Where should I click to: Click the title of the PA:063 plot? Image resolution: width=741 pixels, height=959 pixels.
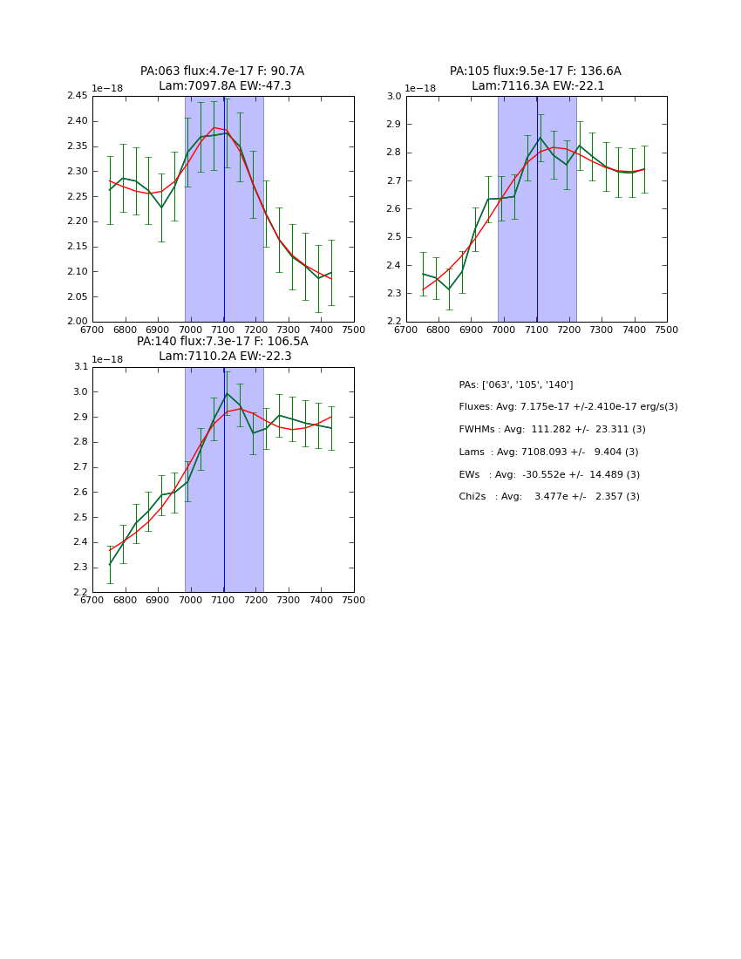click(222, 78)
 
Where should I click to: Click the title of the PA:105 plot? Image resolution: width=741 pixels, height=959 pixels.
click(536, 78)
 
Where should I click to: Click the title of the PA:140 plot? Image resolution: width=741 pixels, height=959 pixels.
click(222, 349)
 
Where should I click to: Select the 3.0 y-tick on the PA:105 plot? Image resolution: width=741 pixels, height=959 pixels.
click(393, 96)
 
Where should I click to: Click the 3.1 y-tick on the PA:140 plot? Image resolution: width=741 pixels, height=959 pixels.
click(79, 367)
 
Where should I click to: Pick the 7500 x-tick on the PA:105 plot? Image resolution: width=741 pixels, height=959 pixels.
click(666, 330)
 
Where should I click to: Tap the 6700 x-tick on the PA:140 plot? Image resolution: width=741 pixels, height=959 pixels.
click(92, 600)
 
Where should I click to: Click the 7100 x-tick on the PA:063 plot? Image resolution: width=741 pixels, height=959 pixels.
click(223, 330)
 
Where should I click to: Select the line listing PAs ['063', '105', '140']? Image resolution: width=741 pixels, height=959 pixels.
click(516, 384)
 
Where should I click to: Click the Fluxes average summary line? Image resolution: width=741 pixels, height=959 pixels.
click(568, 407)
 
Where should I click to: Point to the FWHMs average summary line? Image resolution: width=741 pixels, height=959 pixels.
click(553, 430)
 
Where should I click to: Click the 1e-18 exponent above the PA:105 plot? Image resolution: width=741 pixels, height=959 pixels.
click(420, 88)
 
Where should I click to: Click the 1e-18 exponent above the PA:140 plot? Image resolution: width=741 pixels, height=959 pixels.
click(107, 359)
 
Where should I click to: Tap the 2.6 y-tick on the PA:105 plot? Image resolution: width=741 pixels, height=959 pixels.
click(393, 209)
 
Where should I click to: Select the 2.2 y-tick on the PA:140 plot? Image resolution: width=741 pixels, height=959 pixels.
click(79, 592)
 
